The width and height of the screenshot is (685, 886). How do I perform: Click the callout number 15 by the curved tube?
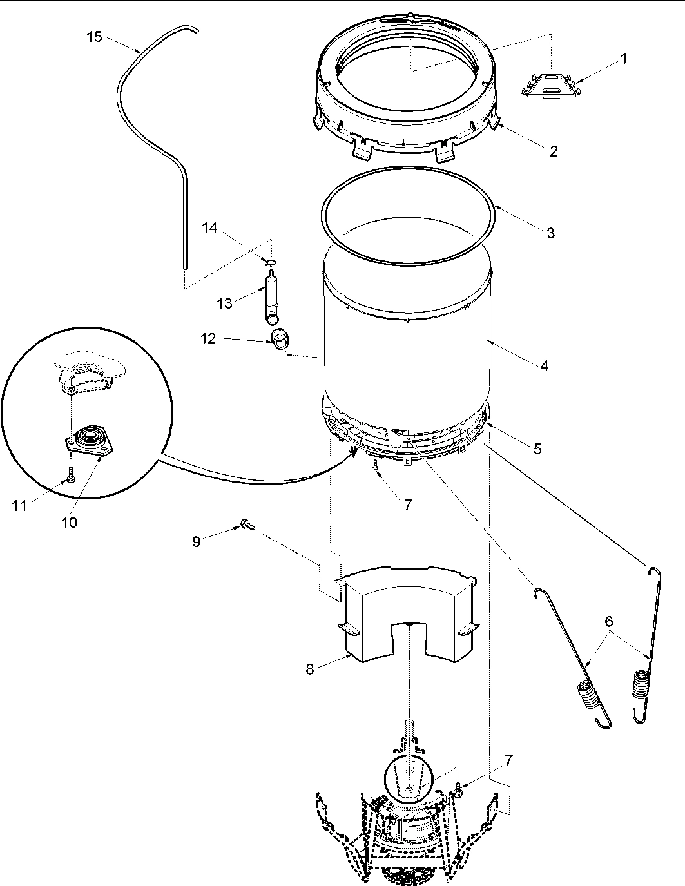[x=94, y=37]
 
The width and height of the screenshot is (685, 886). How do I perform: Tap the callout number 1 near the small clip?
[x=623, y=58]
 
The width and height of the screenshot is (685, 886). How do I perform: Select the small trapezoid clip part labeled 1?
[x=550, y=85]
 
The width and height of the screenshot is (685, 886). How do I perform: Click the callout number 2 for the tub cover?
[x=554, y=151]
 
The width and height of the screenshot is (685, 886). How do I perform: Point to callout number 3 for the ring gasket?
[x=551, y=233]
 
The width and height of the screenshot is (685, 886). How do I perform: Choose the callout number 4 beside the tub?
[x=545, y=365]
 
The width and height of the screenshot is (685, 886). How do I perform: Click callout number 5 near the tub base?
[x=537, y=449]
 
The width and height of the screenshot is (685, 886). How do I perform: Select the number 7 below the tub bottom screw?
[x=407, y=505]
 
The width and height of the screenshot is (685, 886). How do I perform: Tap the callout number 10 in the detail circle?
[x=69, y=523]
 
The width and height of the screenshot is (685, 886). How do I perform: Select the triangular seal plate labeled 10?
[x=85, y=442]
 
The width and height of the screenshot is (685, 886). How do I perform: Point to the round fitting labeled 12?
[x=280, y=338]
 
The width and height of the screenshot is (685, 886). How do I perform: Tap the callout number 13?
[x=224, y=303]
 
